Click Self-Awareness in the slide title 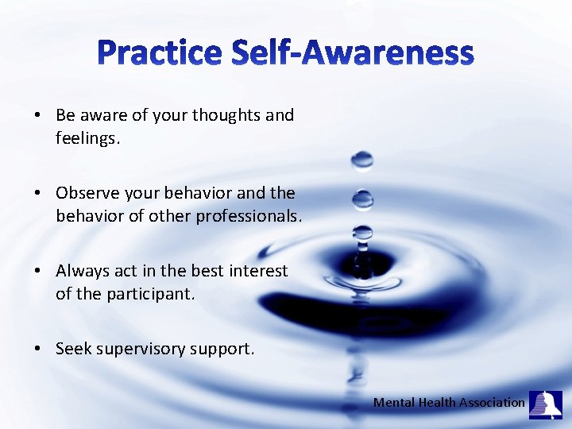point(353,53)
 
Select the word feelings point(87,138)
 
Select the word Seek point(74,349)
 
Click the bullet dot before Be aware point(38,116)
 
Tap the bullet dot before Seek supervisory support point(38,350)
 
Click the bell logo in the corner point(546,404)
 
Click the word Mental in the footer point(393,403)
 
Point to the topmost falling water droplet point(362,160)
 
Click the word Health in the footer point(435,403)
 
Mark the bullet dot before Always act point(38,272)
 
